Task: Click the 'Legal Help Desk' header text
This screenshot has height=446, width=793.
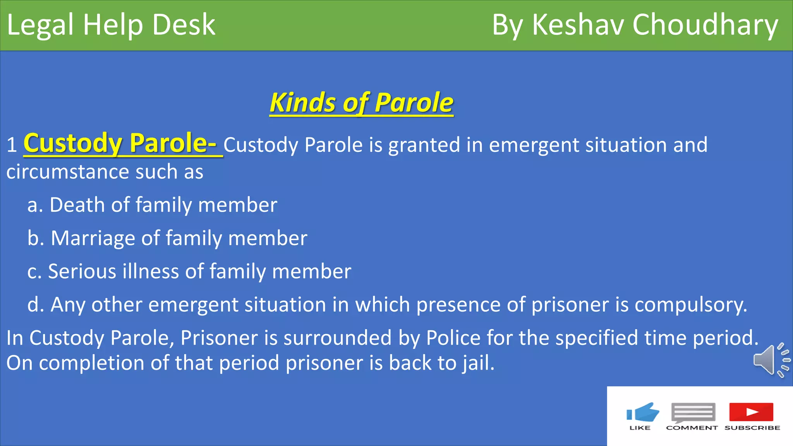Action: click(x=111, y=25)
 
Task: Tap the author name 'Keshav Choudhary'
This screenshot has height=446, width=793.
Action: click(x=654, y=25)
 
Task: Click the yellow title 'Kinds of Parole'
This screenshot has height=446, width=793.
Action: click(x=361, y=103)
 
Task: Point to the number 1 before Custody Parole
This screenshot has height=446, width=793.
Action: click(x=12, y=146)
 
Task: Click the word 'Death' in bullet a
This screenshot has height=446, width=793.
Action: click(x=77, y=205)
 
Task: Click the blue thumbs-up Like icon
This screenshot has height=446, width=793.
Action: click(x=643, y=412)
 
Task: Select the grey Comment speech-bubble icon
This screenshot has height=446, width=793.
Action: click(x=693, y=412)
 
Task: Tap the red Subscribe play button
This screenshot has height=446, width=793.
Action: click(x=751, y=412)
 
